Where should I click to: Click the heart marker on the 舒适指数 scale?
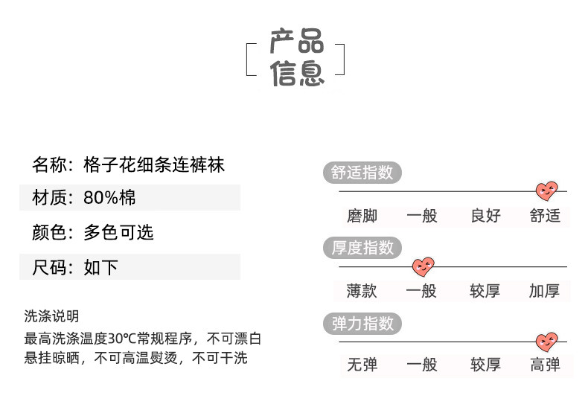(x=547, y=190)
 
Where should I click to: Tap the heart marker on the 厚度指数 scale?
(x=424, y=266)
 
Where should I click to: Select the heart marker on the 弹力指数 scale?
(x=547, y=342)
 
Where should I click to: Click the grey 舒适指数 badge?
(x=362, y=173)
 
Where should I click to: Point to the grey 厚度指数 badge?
(x=362, y=248)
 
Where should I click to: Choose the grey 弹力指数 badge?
(x=362, y=324)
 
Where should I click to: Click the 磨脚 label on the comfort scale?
(x=362, y=217)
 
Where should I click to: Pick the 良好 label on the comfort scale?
(x=485, y=217)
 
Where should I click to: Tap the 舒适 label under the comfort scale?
(x=545, y=217)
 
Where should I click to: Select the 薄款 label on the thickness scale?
(x=362, y=291)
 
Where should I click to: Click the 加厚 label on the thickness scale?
(x=545, y=291)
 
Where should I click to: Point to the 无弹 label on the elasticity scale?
(x=362, y=365)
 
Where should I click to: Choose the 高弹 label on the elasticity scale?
(x=545, y=365)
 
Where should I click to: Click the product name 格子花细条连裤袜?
(x=154, y=164)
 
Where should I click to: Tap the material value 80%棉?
(x=109, y=198)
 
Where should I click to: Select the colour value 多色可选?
(x=118, y=233)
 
